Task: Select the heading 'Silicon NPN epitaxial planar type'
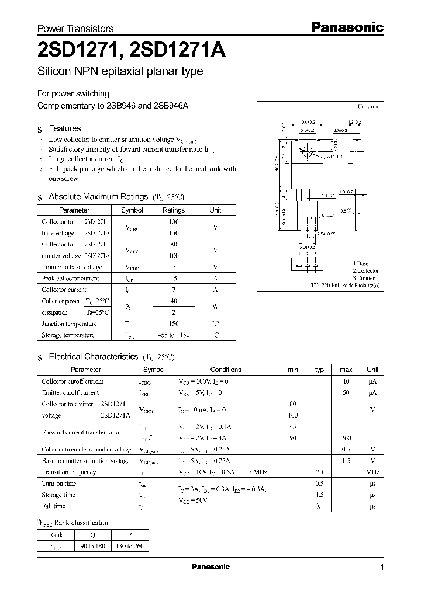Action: pos(120,72)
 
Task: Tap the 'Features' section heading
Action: pos(64,128)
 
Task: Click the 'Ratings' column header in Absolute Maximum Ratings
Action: pos(173,210)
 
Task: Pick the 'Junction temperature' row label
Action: pos(69,324)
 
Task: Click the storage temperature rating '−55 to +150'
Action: pos(173,335)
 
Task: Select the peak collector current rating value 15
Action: pos(173,279)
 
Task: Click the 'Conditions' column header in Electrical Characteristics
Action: pos(225,370)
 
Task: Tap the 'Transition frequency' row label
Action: pos(68,472)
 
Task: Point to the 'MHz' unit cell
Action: pos(372,472)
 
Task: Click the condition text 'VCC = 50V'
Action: pos(194,500)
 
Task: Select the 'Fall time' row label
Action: pos(53,506)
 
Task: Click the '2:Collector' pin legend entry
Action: pos(365,271)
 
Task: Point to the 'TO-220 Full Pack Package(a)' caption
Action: pos(345,285)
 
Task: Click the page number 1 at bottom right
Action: pos(382,568)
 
